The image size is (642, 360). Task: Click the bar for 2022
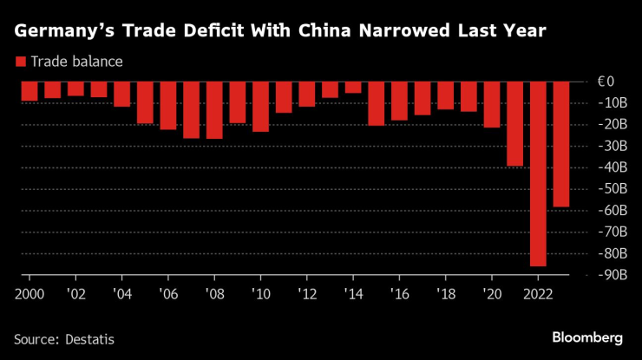[538, 173]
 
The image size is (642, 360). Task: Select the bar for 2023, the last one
[561, 144]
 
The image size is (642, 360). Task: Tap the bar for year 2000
[29, 91]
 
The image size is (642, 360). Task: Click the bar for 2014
[353, 87]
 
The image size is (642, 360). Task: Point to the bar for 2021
[515, 123]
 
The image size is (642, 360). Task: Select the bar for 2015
[376, 103]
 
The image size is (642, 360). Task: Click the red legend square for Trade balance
[20, 62]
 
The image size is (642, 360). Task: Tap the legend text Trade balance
[76, 62]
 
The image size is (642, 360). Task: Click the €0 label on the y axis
[606, 82]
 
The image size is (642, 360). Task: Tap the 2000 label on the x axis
[29, 292]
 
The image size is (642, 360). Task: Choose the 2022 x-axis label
[538, 292]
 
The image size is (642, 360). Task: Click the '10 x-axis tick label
[260, 292]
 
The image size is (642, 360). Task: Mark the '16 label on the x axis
[399, 292]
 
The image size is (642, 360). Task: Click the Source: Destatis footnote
[64, 338]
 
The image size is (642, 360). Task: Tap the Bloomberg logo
[588, 337]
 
